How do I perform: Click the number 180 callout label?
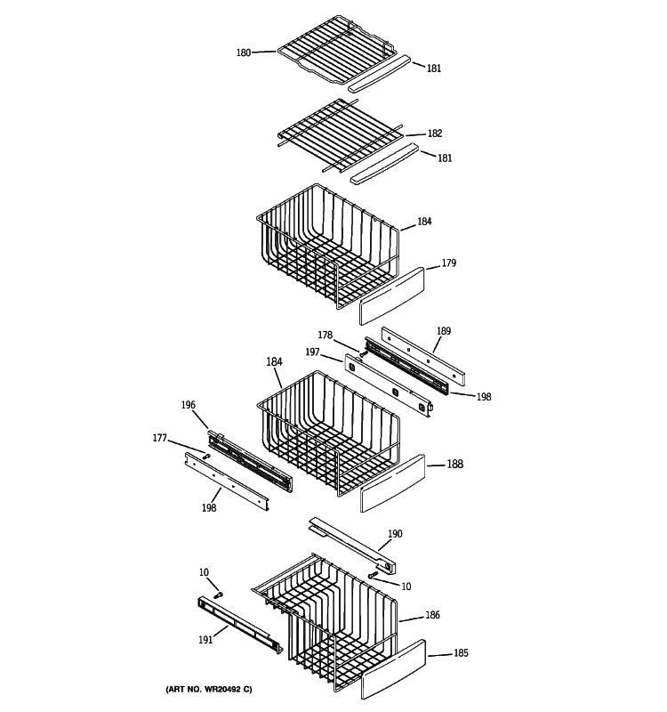click(x=243, y=53)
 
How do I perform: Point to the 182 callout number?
click(x=434, y=133)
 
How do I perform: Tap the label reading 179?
click(x=449, y=263)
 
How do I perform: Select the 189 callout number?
click(x=443, y=331)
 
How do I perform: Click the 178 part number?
click(x=325, y=336)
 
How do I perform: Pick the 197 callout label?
click(x=312, y=353)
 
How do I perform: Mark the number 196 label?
click(x=188, y=405)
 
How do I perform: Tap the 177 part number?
click(x=160, y=438)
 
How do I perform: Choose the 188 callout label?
click(x=454, y=464)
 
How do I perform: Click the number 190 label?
click(x=395, y=534)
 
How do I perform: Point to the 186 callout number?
click(x=432, y=615)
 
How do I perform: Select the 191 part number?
click(x=205, y=638)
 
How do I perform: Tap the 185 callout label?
click(x=461, y=654)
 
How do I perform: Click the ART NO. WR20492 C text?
click(x=208, y=690)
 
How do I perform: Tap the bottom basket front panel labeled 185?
click(x=394, y=673)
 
